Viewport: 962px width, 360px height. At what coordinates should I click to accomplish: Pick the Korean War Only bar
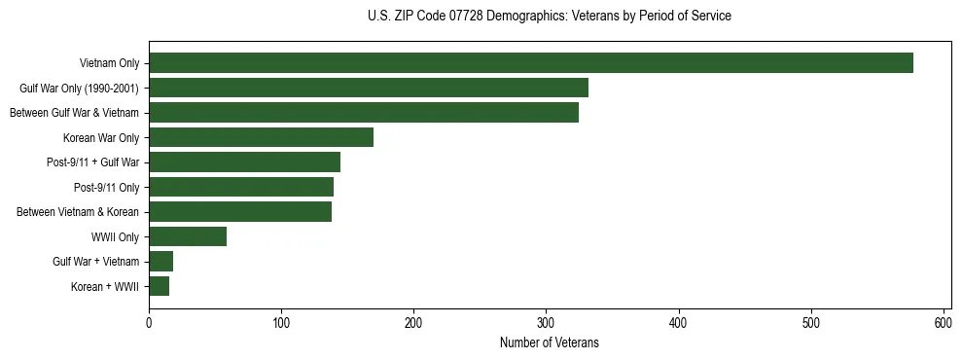[x=261, y=137]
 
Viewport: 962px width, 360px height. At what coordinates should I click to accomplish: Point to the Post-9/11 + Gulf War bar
[x=244, y=162]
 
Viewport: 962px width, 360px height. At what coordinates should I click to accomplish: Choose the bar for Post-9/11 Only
[x=240, y=187]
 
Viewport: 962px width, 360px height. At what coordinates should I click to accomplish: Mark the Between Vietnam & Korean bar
[x=239, y=211]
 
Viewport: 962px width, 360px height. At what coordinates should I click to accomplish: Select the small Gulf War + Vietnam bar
[x=160, y=261]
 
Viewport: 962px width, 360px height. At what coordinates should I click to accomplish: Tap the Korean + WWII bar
[x=159, y=286]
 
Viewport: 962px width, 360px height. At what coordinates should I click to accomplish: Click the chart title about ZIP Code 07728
[x=550, y=17]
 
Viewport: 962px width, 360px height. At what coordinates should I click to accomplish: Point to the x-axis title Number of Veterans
[x=549, y=342]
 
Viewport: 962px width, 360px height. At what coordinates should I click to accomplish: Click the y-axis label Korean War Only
[x=101, y=137]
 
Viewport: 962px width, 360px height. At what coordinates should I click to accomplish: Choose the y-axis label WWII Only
[x=115, y=236]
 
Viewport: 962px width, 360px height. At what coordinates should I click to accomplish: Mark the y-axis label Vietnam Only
[x=109, y=63]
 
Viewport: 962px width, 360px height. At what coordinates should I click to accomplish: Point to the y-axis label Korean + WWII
[x=105, y=286]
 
